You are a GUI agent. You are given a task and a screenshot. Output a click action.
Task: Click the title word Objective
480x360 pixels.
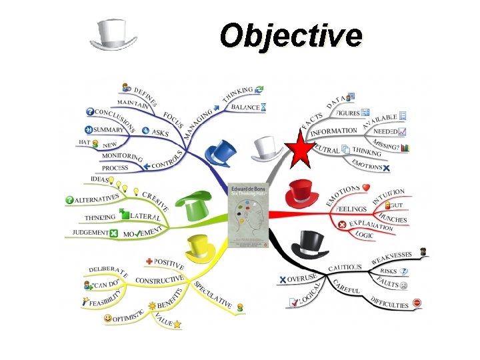(x=291, y=35)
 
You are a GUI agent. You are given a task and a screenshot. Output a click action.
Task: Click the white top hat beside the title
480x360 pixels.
(x=113, y=34)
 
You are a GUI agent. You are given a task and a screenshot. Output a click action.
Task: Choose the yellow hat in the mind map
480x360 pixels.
(x=201, y=247)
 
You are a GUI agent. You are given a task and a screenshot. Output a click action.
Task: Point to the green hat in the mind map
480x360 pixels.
(x=189, y=204)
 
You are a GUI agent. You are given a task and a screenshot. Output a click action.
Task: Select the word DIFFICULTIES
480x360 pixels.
(x=389, y=301)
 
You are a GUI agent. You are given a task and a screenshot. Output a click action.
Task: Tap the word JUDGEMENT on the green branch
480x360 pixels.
(x=91, y=233)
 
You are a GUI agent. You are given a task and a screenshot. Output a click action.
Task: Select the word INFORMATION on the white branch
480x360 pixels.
(x=333, y=131)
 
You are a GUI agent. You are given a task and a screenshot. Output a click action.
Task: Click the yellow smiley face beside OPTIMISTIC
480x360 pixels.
(x=108, y=319)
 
